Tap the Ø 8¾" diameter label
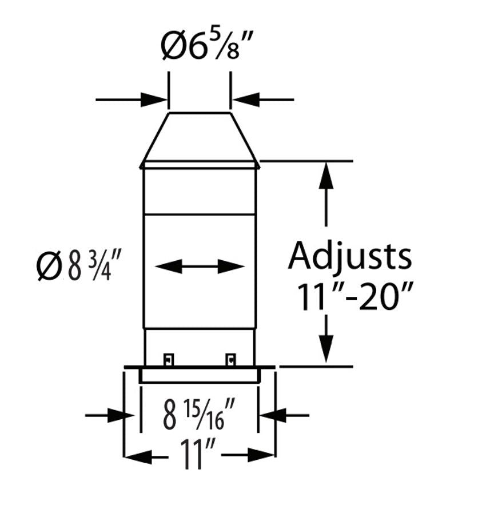point(79,267)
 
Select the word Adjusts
point(349,256)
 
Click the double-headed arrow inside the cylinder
point(200,266)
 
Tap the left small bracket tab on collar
point(168,359)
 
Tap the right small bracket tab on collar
point(230,359)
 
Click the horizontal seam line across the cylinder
point(200,215)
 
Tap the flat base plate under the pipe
point(200,367)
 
